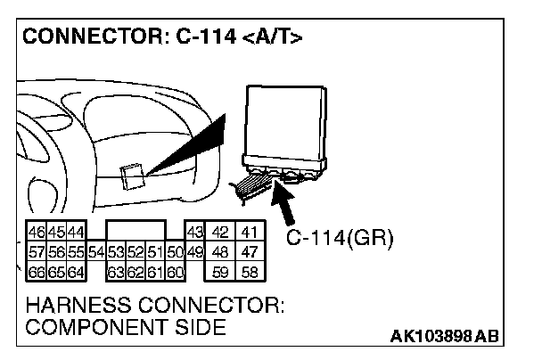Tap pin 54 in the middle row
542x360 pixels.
97,253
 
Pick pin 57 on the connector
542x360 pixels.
37,253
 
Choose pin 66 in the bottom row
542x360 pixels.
37,271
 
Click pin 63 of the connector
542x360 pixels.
115,271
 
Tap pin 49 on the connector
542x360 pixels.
194,253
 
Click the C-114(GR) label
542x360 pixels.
340,239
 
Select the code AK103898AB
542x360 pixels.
445,336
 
